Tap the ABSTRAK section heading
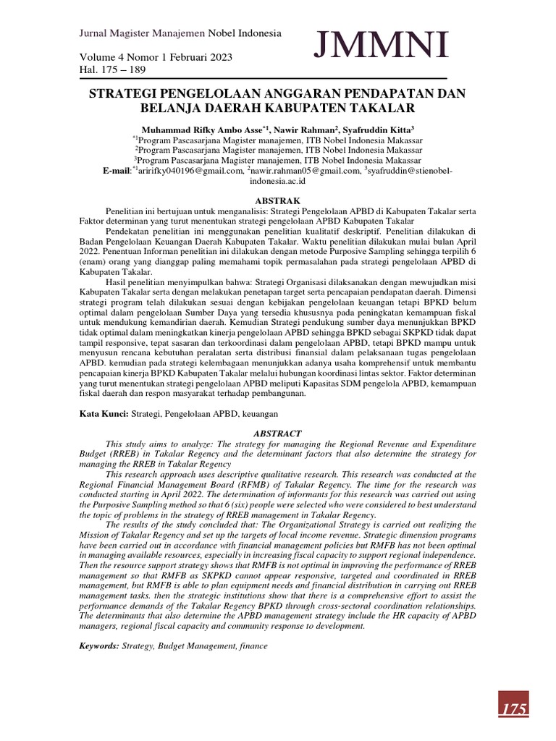pos(277,200)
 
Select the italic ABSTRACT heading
pos(278,433)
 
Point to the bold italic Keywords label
pos(99,645)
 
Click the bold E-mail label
pos(117,170)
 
